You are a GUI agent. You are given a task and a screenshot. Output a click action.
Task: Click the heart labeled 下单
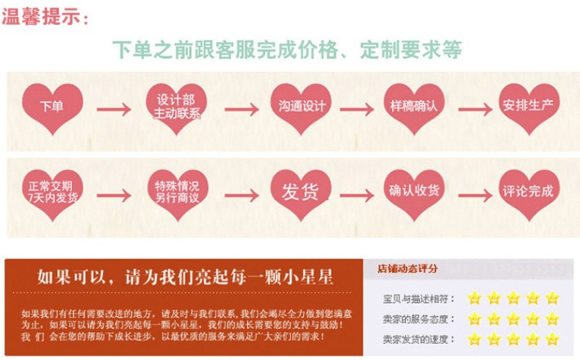[51, 107]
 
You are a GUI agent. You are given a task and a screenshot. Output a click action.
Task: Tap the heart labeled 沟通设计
[302, 107]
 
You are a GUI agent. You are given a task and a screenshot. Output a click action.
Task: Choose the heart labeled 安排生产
[528, 107]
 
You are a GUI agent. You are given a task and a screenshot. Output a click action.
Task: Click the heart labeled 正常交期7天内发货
[51, 192]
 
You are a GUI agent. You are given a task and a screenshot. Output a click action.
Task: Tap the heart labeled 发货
[301, 192]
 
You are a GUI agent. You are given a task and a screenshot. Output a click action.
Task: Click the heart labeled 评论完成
[528, 192]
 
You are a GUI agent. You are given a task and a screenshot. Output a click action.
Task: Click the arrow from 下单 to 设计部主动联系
[114, 110]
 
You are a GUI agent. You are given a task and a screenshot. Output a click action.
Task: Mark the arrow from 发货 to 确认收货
[356, 195]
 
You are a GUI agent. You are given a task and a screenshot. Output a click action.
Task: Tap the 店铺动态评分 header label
[407, 269]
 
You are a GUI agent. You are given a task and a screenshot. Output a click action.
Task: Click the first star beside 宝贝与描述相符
[474, 298]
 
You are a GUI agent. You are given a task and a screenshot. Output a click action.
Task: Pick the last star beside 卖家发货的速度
[552, 339]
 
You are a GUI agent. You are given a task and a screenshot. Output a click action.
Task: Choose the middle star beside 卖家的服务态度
[513, 319]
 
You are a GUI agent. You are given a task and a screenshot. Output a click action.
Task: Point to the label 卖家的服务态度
[418, 320]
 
